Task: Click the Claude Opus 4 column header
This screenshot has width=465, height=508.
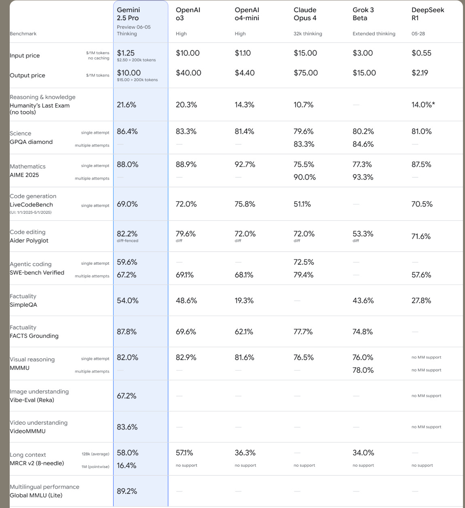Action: (x=305, y=14)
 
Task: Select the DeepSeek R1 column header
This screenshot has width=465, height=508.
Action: (x=427, y=14)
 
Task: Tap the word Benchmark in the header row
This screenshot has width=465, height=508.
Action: (x=23, y=34)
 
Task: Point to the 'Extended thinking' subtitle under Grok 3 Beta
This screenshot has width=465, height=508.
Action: (x=374, y=34)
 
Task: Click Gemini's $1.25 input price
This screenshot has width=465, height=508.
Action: (x=126, y=53)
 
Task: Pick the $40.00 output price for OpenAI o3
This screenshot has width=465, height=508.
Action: (x=188, y=73)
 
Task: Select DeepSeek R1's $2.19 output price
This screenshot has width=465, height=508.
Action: (x=420, y=73)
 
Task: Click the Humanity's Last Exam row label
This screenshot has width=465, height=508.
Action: (x=40, y=109)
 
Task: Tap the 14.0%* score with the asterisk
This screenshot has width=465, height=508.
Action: (x=423, y=105)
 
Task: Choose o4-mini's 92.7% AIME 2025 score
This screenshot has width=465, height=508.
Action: (x=245, y=164)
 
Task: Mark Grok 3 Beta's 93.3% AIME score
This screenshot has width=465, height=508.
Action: (x=363, y=177)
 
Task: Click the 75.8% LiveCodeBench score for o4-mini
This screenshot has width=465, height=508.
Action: (x=245, y=204)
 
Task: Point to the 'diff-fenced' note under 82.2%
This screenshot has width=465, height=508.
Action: (x=127, y=241)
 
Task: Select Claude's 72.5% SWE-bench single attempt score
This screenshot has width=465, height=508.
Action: (x=304, y=262)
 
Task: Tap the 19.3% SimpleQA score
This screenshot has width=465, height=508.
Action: (x=244, y=300)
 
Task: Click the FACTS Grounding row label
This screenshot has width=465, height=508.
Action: (x=34, y=336)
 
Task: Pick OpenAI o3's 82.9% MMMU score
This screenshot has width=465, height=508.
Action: (x=186, y=357)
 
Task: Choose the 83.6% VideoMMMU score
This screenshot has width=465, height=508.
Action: (x=127, y=427)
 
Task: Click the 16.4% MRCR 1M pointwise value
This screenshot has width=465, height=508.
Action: (x=127, y=466)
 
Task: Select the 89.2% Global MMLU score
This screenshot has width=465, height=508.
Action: (x=127, y=491)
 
